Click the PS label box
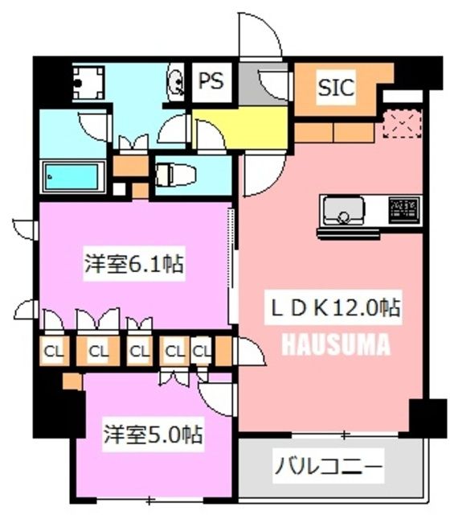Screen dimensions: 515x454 pyautogui.click(x=211, y=82)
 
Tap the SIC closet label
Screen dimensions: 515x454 pyautogui.click(x=336, y=88)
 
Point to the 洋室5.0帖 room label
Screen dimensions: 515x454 pyautogui.click(x=152, y=435)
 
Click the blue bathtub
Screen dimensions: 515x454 pyautogui.click(x=73, y=176)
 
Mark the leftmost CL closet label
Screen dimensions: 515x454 pyautogui.click(x=55, y=351)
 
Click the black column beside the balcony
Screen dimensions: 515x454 pyautogui.click(x=427, y=418)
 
